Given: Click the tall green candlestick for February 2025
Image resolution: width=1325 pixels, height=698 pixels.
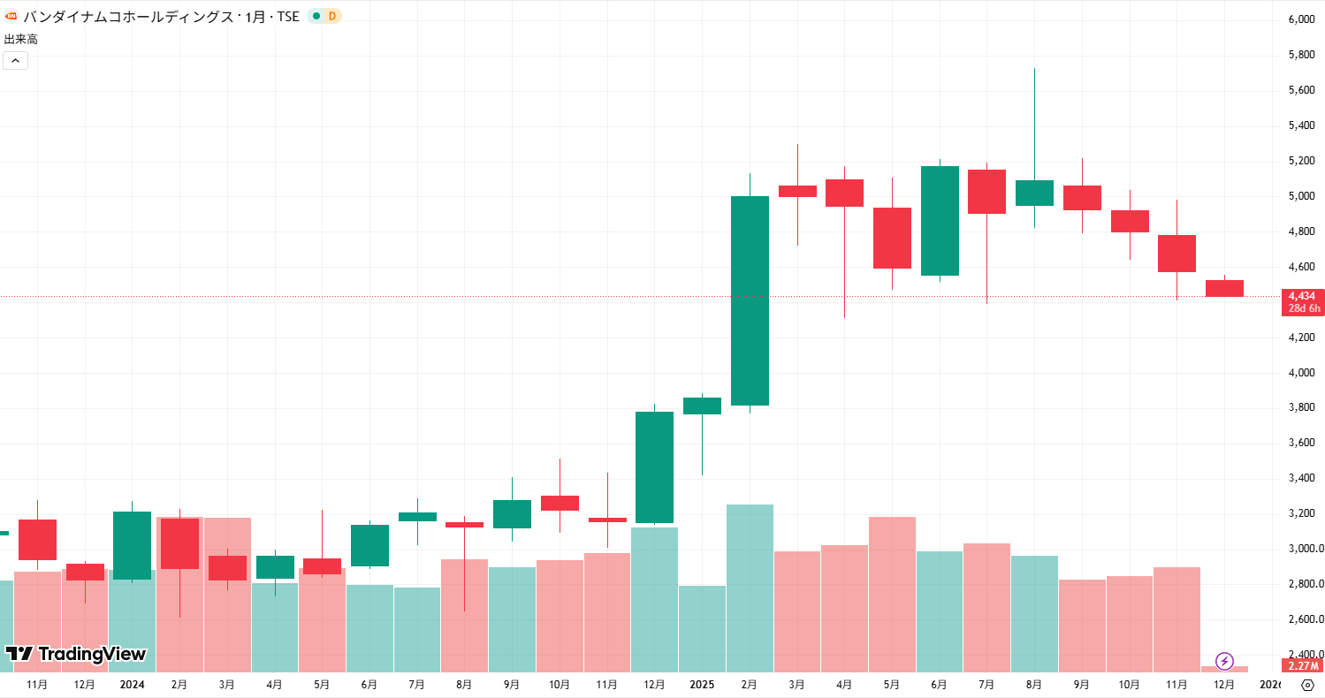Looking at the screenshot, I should [x=750, y=300].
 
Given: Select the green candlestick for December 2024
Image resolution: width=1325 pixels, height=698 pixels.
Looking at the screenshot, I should [x=654, y=467].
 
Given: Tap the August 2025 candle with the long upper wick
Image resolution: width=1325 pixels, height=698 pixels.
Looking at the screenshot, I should [x=1034, y=193].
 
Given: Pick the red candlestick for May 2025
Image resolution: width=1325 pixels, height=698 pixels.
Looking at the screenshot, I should [x=892, y=238].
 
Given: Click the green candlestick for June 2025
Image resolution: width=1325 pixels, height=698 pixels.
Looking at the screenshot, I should [x=940, y=221].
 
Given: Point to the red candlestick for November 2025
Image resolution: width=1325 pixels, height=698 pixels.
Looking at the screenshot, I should [x=1177, y=254].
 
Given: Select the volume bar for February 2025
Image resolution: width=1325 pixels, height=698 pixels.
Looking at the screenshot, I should [x=750, y=588].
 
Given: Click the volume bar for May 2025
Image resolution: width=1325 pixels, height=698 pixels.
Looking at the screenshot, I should [x=892, y=594].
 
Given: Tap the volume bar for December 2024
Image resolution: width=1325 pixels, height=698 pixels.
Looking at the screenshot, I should [x=654, y=599].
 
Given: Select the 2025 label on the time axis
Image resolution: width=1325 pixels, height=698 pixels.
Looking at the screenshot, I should [x=702, y=685].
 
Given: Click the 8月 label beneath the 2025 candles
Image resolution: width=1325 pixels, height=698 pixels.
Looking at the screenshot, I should [x=1034, y=685].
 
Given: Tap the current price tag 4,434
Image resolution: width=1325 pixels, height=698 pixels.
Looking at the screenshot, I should [x=1301, y=295].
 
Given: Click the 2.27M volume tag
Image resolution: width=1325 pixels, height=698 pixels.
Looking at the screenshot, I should [x=1303, y=665].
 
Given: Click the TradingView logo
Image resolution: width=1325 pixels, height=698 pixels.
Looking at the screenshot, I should [x=75, y=654].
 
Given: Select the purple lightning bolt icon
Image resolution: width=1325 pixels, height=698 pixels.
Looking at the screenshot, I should [x=1224, y=660].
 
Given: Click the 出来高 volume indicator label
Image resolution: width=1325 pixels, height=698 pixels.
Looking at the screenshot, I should [x=21, y=39].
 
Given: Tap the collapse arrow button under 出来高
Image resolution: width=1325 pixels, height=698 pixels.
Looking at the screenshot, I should [x=16, y=60].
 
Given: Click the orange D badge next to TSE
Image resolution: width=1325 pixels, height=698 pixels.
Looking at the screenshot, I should [x=331, y=16].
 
